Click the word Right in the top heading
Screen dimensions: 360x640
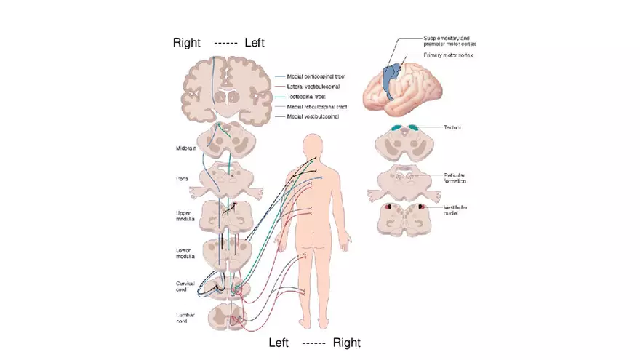186,43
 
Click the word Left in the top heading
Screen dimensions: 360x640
255,43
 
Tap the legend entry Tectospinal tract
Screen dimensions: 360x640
310,97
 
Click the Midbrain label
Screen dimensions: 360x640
185,148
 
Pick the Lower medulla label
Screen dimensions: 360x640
184,252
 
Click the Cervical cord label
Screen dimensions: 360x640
186,286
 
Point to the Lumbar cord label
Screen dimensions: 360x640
185,319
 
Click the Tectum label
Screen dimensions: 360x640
453,127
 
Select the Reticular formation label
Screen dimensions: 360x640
459,178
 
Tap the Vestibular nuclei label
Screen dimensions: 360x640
456,210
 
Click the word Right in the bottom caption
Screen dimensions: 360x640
346,343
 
